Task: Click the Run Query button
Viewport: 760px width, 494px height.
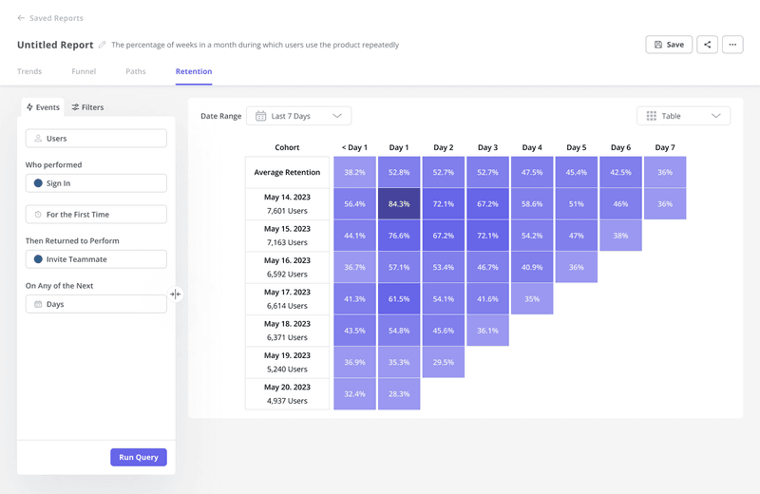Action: [x=139, y=457]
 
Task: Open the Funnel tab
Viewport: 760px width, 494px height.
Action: [x=84, y=71]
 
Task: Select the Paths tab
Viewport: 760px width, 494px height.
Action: [x=136, y=71]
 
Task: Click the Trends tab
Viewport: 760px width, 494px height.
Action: [x=29, y=71]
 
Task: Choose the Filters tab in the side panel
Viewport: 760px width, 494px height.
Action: [x=87, y=107]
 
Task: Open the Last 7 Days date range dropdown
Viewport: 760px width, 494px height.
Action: [x=298, y=116]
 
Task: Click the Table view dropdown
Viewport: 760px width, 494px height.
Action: [x=683, y=116]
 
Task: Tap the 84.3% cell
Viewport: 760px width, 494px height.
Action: [x=399, y=204]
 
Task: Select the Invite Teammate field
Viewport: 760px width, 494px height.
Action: [x=96, y=259]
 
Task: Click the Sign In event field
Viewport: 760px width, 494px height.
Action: [x=96, y=183]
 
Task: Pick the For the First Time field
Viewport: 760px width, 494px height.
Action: [x=96, y=215]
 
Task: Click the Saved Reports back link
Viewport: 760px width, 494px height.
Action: [x=50, y=18]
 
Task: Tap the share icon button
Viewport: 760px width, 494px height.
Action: [x=707, y=45]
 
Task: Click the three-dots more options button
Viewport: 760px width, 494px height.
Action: [x=731, y=45]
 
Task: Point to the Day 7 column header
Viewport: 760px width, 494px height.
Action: [x=665, y=147]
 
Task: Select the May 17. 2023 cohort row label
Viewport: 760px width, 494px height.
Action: [x=287, y=298]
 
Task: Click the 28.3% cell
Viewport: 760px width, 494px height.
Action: [x=399, y=393]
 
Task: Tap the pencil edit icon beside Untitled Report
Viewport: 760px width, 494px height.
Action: [x=103, y=45]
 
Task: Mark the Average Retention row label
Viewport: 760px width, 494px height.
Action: [x=287, y=173]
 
